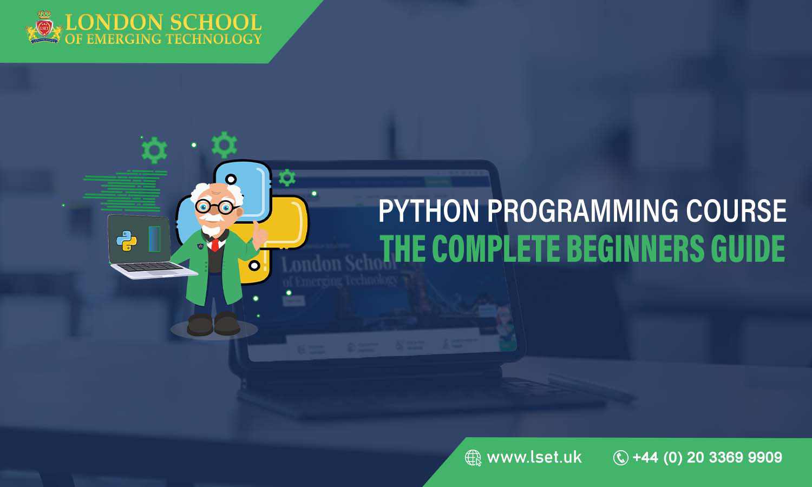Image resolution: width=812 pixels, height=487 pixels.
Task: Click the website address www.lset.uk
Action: click(534, 457)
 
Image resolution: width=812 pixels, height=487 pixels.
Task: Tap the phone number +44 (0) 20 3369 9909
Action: click(707, 457)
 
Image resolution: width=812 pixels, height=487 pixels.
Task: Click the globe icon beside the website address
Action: click(473, 458)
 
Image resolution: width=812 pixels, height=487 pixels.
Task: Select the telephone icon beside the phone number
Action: click(620, 458)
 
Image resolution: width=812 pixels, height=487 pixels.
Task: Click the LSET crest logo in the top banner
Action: click(43, 27)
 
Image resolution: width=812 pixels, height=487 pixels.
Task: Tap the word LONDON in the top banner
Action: click(114, 22)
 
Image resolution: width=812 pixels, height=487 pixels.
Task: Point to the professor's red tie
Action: click(215, 245)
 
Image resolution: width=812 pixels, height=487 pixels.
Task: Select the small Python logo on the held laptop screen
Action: click(126, 241)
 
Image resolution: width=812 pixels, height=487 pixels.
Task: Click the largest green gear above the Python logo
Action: click(224, 145)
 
